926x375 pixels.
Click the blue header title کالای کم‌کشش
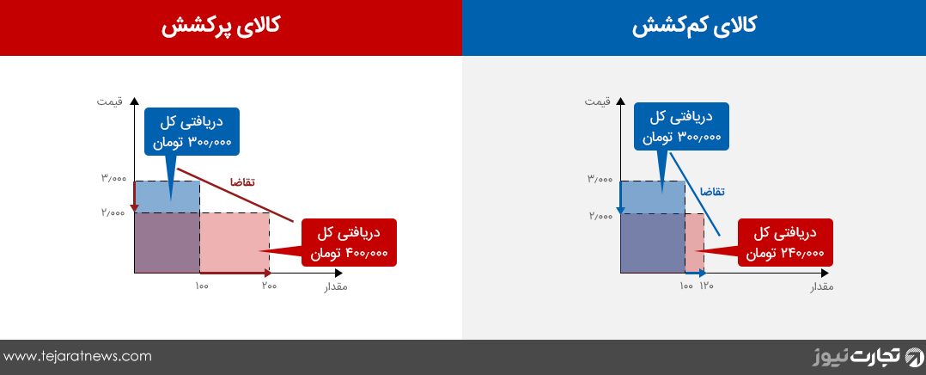click(694, 28)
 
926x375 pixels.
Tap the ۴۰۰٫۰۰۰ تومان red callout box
click(349, 243)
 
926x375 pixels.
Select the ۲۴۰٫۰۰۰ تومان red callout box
click(785, 243)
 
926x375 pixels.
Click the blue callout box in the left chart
click(192, 132)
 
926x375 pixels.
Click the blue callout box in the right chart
click(681, 126)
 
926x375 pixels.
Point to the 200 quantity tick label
click(270, 286)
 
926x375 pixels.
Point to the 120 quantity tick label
click(707, 286)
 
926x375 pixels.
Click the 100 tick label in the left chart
click(201, 286)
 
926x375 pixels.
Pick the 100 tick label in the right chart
click(686, 286)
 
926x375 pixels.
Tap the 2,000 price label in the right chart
click(599, 216)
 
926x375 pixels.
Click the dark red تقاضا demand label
click(242, 181)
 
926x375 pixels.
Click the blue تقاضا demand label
click(712, 191)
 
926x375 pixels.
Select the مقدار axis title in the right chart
click(821, 287)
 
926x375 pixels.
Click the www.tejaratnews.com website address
click(77, 356)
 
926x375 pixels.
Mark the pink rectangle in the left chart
click(235, 243)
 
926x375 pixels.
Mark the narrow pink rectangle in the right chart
click(694, 243)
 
